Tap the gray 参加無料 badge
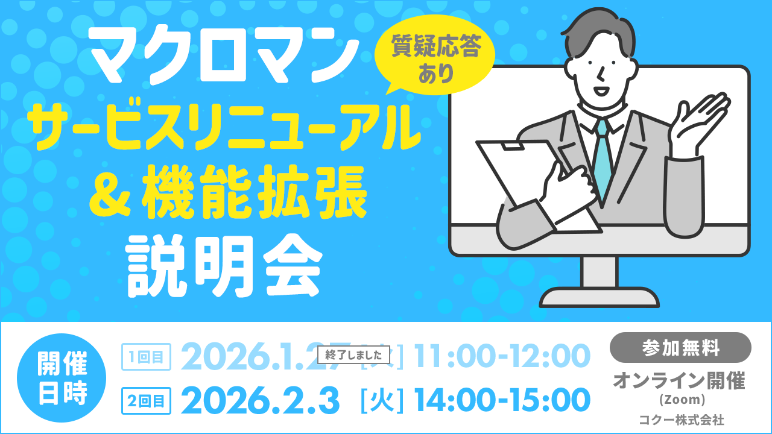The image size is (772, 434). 680,348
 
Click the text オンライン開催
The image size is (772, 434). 679,380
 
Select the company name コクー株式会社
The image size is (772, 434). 682,420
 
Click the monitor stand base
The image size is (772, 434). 598,297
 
